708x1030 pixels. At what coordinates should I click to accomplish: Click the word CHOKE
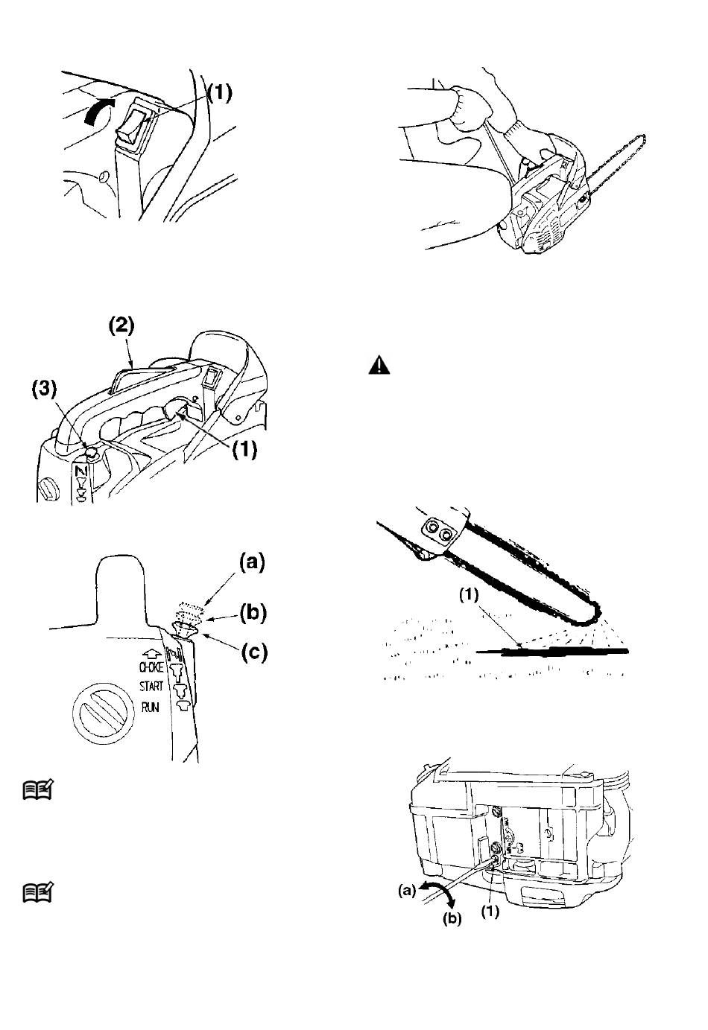pos(151,667)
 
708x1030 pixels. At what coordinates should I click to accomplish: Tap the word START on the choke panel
pos(151,687)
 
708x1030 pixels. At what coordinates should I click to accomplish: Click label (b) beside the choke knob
pos(250,614)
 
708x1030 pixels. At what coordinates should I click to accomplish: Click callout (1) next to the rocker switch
pos(219,92)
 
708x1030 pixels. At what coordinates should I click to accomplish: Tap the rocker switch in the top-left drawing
pos(136,123)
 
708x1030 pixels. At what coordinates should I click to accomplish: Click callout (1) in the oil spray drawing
pos(469,596)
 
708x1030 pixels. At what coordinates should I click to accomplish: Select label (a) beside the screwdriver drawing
pos(406,890)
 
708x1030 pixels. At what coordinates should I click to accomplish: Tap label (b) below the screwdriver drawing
pos(452,920)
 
